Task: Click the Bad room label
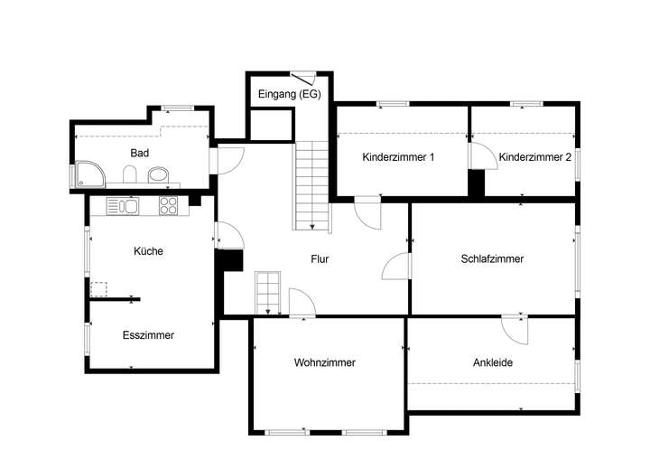(x=139, y=153)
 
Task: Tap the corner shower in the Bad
(x=88, y=173)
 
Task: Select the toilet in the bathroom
(x=130, y=174)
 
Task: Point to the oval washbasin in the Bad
(x=158, y=174)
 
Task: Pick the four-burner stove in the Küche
(x=168, y=206)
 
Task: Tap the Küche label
(x=148, y=251)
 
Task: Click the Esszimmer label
(x=148, y=334)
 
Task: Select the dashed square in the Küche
(x=98, y=289)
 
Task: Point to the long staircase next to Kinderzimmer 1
(x=312, y=185)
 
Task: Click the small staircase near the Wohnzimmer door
(x=267, y=291)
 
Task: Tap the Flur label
(x=320, y=259)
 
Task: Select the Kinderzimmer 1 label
(x=398, y=156)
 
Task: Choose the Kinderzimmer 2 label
(x=535, y=156)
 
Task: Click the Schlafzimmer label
(x=492, y=258)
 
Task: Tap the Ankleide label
(x=493, y=362)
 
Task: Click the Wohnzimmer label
(x=324, y=362)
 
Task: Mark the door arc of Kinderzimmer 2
(x=479, y=155)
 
